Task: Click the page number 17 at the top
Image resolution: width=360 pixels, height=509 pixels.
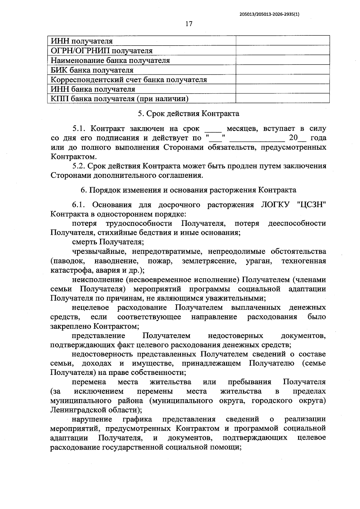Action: click(189, 24)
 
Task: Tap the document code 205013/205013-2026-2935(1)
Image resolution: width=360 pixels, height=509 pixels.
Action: click(270, 14)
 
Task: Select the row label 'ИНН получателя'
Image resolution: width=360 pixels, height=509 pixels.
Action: click(82, 41)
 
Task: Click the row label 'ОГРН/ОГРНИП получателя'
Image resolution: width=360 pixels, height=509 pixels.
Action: click(101, 51)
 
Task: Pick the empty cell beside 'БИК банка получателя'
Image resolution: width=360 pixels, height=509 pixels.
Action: click(283, 70)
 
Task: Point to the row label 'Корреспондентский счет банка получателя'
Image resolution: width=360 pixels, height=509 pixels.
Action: click(129, 80)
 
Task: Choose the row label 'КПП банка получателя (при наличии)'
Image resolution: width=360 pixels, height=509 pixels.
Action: click(119, 99)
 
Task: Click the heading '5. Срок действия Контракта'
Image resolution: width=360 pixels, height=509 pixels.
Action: click(188, 114)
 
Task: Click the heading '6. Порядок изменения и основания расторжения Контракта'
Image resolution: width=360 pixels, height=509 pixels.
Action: click(188, 190)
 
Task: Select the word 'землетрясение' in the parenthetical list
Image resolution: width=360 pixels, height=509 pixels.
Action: click(209, 261)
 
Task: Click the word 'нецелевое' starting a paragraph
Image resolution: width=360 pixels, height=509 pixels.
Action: click(90, 307)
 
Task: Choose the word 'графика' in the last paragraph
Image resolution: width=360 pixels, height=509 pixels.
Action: click(137, 419)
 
